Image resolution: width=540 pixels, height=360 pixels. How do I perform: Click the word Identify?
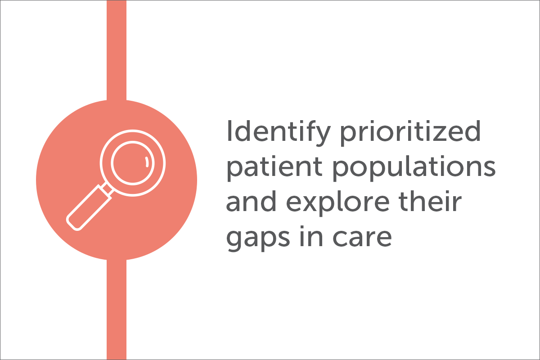(278, 133)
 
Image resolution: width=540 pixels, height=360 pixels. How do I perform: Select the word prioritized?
(410, 133)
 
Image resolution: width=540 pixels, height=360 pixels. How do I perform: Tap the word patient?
(274, 168)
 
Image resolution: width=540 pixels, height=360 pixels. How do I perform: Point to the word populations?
(414, 168)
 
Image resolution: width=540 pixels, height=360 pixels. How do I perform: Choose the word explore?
(337, 203)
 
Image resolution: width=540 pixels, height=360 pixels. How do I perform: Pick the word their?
(430, 201)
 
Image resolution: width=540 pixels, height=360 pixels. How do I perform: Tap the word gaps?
(258, 238)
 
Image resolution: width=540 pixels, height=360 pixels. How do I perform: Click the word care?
(362, 238)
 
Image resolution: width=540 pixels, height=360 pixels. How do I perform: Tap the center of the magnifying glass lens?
(133, 163)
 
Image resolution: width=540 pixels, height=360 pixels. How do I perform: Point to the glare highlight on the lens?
(147, 162)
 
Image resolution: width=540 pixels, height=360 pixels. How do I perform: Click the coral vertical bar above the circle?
(117, 50)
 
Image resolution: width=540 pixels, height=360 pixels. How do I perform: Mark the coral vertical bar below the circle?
(117, 310)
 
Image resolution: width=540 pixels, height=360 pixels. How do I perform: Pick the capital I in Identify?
(229, 131)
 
